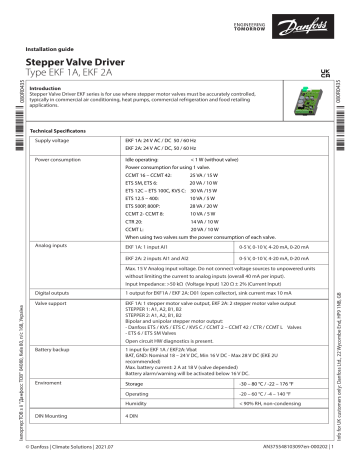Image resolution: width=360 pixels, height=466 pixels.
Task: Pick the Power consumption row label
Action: [62, 158]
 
